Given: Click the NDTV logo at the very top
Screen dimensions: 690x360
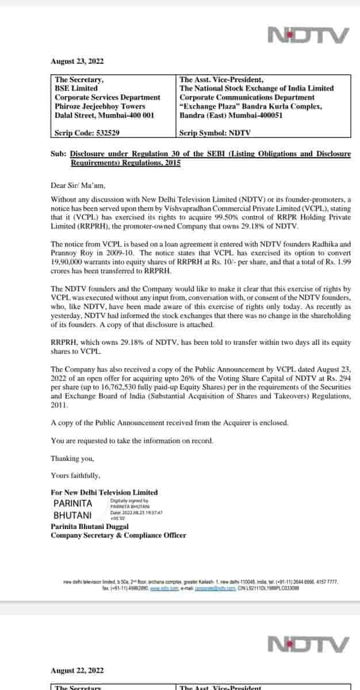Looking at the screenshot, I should coord(309,36).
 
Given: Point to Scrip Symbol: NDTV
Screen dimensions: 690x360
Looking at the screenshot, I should coord(215,133).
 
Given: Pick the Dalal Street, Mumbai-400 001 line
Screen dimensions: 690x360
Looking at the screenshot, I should coord(104,115).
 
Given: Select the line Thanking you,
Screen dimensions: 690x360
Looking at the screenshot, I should coord(72,458).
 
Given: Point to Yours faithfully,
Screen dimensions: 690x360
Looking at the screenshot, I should coord(75,476).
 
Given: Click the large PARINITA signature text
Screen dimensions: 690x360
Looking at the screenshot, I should coord(73,503).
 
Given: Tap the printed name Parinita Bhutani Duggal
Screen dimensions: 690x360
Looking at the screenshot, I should coord(90,526).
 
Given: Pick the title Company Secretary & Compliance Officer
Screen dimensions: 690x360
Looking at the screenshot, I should coord(118,535).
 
